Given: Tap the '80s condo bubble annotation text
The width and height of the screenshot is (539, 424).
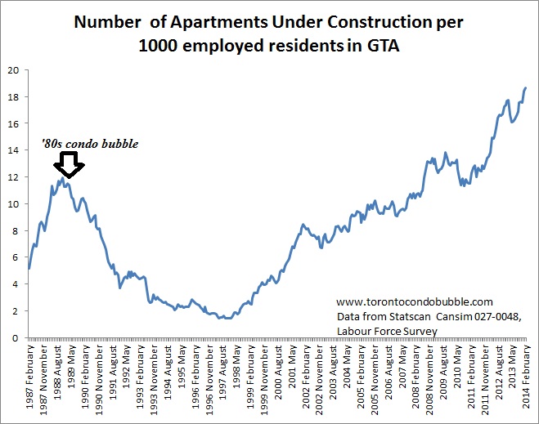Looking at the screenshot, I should (90, 145).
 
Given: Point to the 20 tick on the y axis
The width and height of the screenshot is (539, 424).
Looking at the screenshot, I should (14, 70).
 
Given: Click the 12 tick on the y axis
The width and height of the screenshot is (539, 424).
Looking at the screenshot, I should (14, 177).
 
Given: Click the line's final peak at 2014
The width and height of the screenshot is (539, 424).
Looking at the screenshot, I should (526, 87).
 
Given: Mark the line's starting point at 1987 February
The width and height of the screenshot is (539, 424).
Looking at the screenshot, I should (29, 268).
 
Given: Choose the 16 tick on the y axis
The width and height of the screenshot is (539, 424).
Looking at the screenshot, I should (14, 123).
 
